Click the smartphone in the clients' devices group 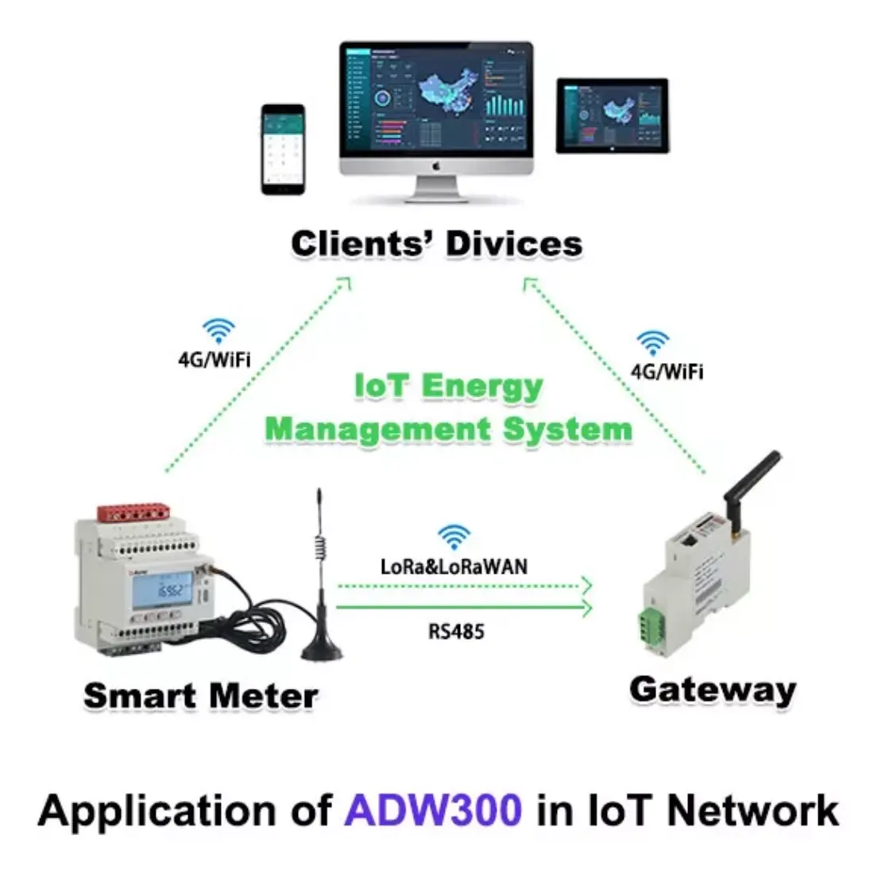(283, 149)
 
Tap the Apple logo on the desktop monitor (435, 166)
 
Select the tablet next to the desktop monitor (612, 116)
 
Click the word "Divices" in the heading (513, 243)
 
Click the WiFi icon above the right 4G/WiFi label (652, 343)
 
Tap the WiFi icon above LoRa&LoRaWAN (454, 538)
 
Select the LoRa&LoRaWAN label (454, 567)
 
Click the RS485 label (456, 632)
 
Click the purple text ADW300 (434, 811)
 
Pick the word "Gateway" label (712, 689)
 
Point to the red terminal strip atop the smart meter (136, 513)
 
